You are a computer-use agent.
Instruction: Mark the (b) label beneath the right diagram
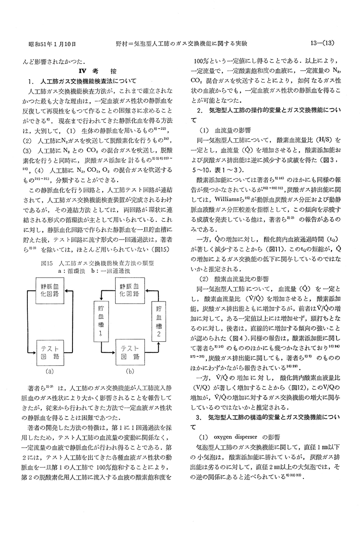point(130,371)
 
